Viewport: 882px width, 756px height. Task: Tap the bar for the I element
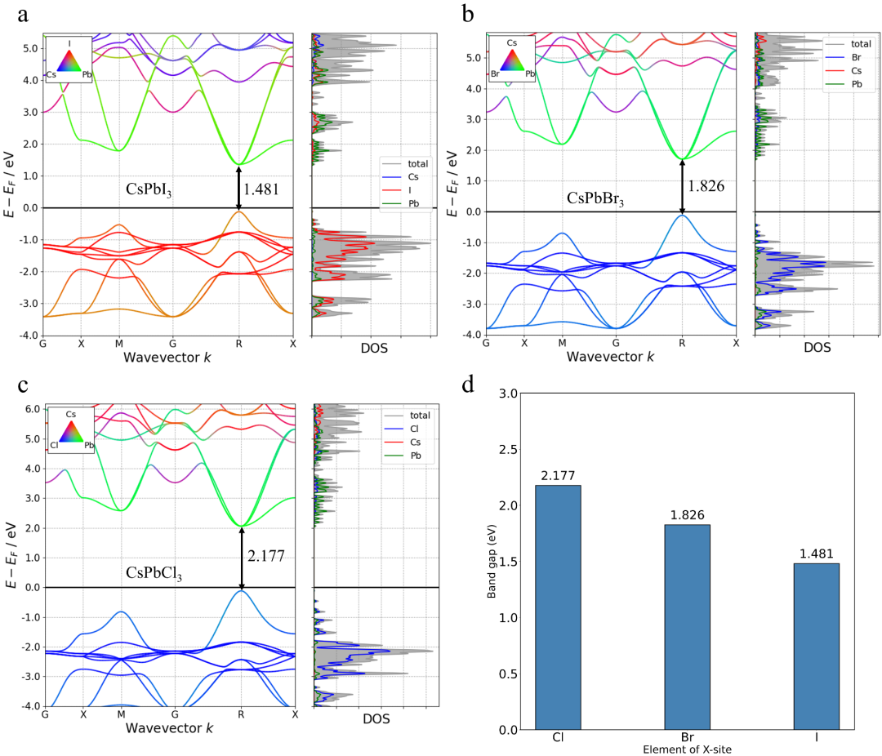tap(816, 646)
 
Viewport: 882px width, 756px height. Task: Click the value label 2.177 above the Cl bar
tap(558, 476)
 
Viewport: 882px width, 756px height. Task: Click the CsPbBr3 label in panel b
tap(595, 198)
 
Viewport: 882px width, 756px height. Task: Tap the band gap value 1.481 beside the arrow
tap(262, 189)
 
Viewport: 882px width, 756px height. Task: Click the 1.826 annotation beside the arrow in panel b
tap(706, 186)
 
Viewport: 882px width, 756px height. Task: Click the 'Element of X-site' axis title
tap(687, 749)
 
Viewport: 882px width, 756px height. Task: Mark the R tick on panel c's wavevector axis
tap(240, 714)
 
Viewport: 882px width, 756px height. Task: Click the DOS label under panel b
tap(816, 347)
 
